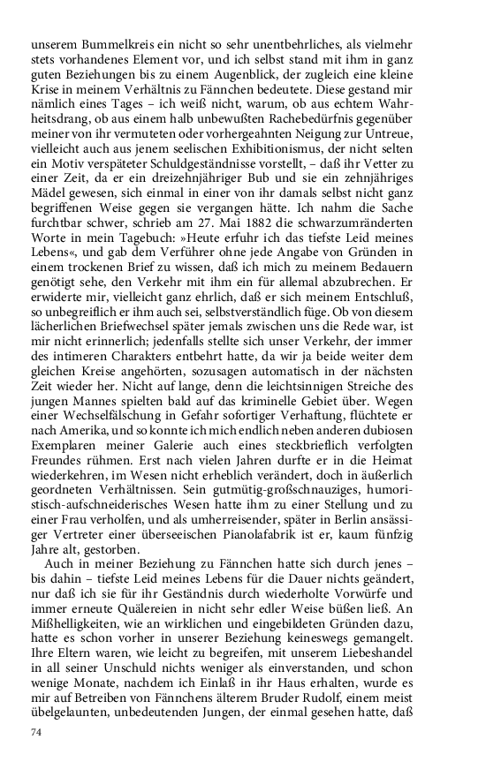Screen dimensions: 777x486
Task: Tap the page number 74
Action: (x=36, y=733)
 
